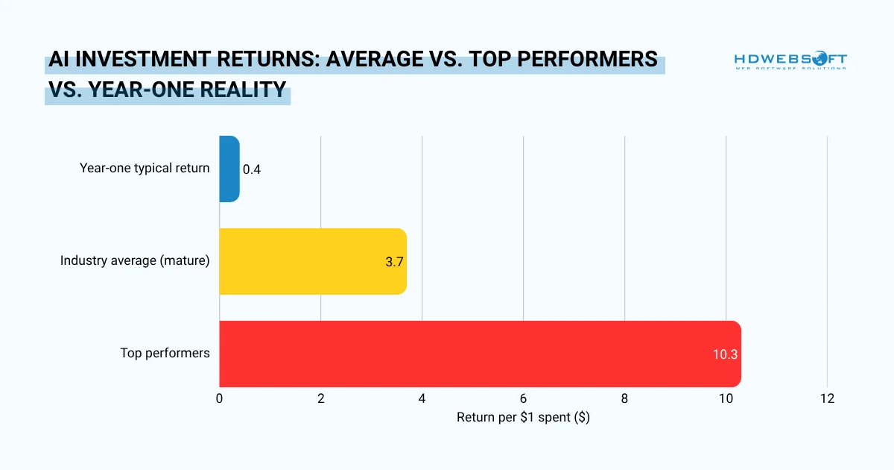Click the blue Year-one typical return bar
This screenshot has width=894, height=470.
pos(229,169)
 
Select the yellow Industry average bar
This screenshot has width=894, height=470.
pos(313,261)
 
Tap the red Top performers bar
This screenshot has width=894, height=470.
pos(477,354)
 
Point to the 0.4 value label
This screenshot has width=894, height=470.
pos(252,169)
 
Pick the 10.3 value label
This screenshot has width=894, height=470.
pos(724,354)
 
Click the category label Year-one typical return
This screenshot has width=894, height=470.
pos(145,168)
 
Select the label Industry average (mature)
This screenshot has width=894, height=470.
pos(135,260)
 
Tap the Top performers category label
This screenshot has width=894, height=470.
pos(165,353)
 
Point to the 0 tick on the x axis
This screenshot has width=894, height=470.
pos(219,398)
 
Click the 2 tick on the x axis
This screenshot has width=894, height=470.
pos(320,398)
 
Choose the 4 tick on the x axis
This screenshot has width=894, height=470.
pos(422,398)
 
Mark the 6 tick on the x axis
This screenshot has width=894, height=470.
pos(523,398)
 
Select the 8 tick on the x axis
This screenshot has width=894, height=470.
pos(624,398)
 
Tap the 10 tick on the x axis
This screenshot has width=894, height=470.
pos(726,398)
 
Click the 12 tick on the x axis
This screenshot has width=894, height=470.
pos(827,398)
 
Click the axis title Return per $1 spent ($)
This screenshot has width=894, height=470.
pos(523,418)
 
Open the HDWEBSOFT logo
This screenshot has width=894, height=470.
pos(790,61)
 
